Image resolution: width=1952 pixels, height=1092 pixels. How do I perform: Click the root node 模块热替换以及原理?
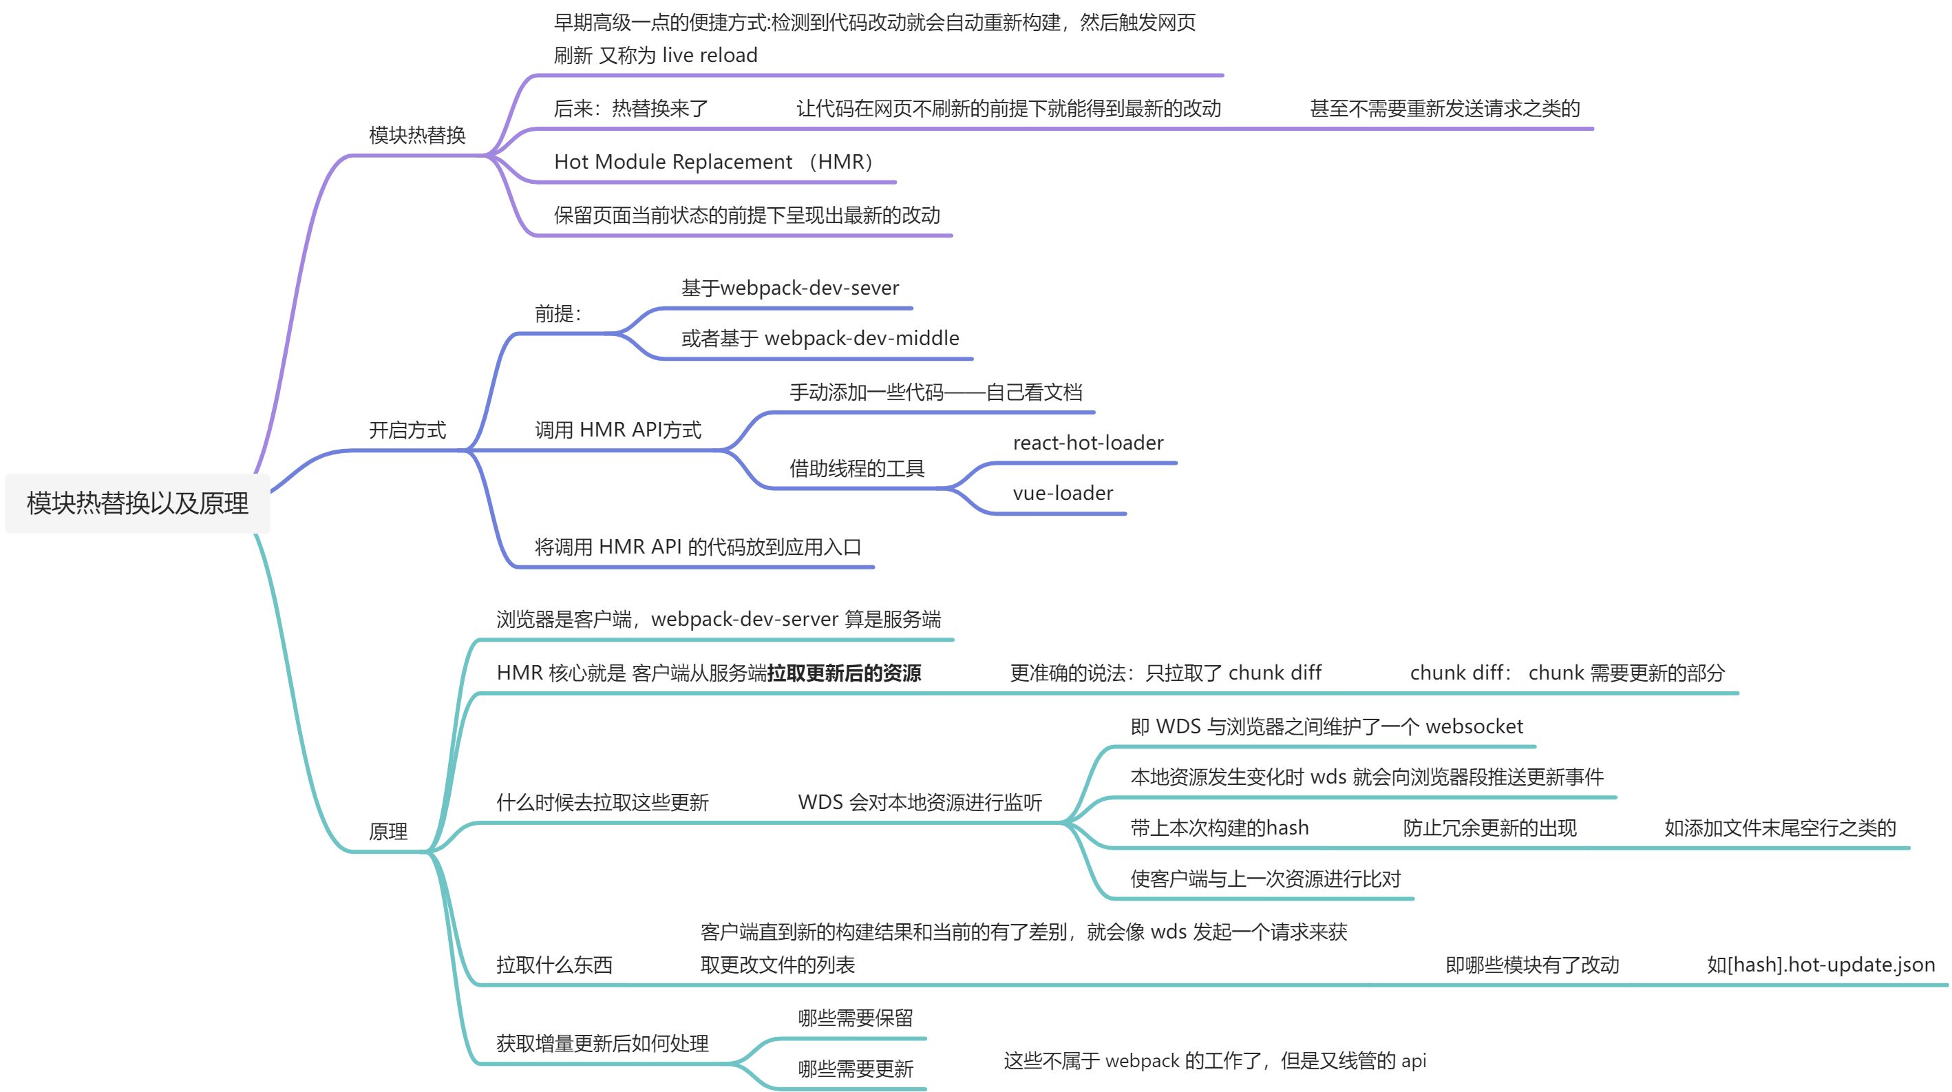click(137, 503)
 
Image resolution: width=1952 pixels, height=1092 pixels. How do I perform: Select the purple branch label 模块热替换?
click(417, 135)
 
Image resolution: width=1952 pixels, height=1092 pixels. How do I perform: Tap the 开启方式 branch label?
click(407, 430)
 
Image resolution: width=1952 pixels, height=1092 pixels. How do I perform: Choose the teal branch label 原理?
click(388, 831)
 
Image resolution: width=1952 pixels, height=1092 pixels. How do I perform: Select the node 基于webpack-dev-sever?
click(789, 288)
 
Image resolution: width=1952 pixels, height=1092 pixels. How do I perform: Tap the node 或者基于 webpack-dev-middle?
click(820, 338)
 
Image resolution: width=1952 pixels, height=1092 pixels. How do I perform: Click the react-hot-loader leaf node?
click(1088, 443)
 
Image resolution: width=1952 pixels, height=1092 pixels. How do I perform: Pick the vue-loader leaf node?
click(1063, 494)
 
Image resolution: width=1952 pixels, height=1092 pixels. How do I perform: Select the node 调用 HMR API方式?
click(617, 430)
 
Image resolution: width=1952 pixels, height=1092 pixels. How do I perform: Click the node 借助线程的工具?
click(856, 468)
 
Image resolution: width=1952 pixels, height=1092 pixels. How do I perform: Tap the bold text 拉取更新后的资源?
click(844, 673)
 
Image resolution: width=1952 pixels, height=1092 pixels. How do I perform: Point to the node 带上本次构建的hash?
click(1219, 828)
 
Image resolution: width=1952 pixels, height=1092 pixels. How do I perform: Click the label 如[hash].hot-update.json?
click(1820, 965)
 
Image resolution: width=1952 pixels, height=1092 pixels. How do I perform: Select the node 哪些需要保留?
click(855, 1018)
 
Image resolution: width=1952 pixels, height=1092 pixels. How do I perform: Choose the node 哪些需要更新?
click(855, 1069)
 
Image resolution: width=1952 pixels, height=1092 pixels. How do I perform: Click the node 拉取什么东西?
click(554, 965)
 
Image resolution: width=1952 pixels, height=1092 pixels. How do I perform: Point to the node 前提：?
click(558, 314)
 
